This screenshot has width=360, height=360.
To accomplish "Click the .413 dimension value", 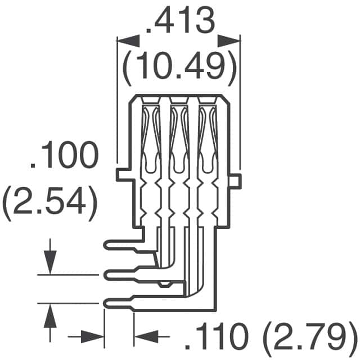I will click(179, 22).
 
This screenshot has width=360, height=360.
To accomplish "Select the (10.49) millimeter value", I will click(179, 66).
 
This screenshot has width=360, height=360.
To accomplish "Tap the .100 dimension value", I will click(64, 158).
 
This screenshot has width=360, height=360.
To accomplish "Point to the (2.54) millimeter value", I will click(49, 201).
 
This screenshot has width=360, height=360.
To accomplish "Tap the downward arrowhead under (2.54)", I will click(50, 264).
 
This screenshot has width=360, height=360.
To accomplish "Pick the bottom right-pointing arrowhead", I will click(93, 337).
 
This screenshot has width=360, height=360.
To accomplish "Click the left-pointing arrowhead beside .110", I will click(145, 337).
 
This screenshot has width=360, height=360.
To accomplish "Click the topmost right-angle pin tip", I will click(108, 245).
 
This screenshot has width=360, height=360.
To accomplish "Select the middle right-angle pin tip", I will click(108, 274).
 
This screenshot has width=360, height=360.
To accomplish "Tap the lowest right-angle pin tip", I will click(108, 304).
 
